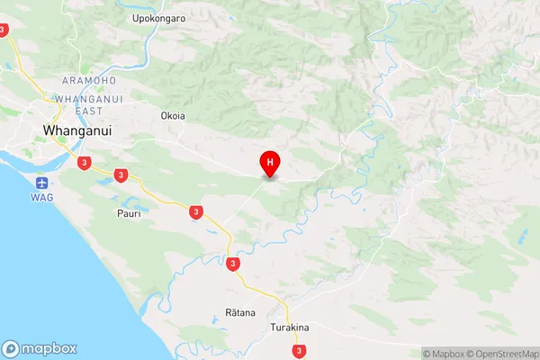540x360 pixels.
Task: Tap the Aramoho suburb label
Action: pyautogui.click(x=89, y=81)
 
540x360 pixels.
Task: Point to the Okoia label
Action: pyautogui.click(x=173, y=116)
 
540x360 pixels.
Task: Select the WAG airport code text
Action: pyautogui.click(x=39, y=196)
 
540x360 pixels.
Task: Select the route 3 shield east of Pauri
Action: pyautogui.click(x=196, y=212)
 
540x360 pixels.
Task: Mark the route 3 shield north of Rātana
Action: pyautogui.click(x=233, y=265)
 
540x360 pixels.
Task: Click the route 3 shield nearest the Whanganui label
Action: pyautogui.click(x=84, y=163)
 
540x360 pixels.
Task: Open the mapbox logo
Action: pyautogui.click(x=40, y=348)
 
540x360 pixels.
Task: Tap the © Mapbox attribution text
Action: pyautogui.click(x=443, y=354)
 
